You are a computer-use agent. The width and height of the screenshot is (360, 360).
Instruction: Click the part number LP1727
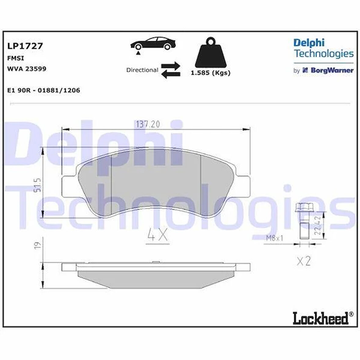coord(25,46)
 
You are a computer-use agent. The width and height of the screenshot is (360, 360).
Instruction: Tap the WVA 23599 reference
coord(27,69)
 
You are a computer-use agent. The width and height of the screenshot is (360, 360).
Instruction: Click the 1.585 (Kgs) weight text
coord(210,73)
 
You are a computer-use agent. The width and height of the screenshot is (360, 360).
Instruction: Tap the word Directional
coord(142,70)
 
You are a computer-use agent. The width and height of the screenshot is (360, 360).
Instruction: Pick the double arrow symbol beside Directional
coord(171,70)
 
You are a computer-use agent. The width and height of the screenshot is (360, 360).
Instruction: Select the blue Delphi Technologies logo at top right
coord(323,49)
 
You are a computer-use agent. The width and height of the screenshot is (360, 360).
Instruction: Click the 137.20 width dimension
coord(148,124)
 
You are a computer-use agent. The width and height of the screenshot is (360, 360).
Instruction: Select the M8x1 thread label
coord(275,238)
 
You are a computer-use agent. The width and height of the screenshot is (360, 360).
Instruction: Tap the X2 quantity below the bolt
coord(303,261)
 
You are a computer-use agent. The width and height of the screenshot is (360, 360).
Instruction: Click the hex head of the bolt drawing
coord(301,208)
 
